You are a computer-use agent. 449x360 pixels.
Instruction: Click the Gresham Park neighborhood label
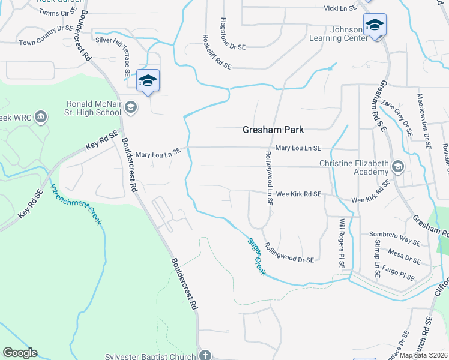[273, 130]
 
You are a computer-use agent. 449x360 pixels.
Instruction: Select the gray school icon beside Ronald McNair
[131, 107]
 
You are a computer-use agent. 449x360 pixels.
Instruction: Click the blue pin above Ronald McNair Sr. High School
[148, 81]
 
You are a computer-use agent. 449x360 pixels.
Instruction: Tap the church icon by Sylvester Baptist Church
[206, 355]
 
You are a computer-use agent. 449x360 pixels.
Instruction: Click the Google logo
[20, 353]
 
